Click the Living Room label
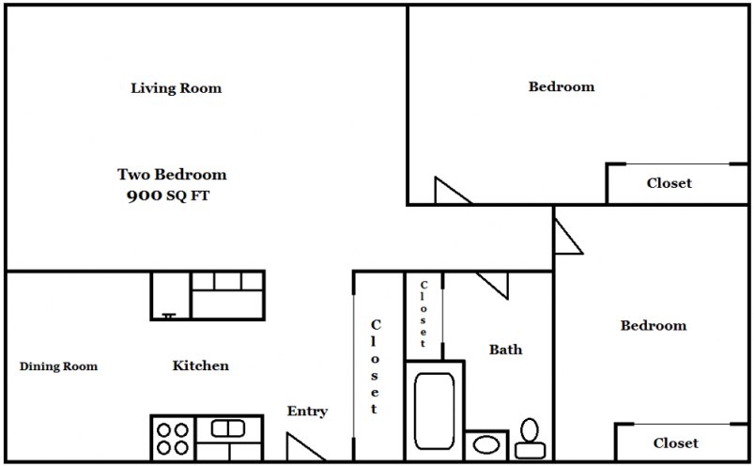pyautogui.click(x=176, y=88)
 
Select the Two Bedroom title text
pyautogui.click(x=172, y=175)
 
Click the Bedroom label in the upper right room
pyautogui.click(x=562, y=86)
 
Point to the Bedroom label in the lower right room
pyautogui.click(x=653, y=326)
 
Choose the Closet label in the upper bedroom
pyautogui.click(x=669, y=183)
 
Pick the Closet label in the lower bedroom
pyautogui.click(x=675, y=443)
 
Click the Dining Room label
pyautogui.click(x=58, y=366)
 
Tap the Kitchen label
pyautogui.click(x=200, y=365)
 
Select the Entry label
pyautogui.click(x=307, y=412)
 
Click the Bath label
pyautogui.click(x=505, y=349)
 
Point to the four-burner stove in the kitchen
pyautogui.click(x=171, y=438)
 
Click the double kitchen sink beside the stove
pyautogui.click(x=227, y=430)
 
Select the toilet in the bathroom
pyautogui.click(x=529, y=436)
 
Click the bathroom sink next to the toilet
pyautogui.click(x=486, y=445)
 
